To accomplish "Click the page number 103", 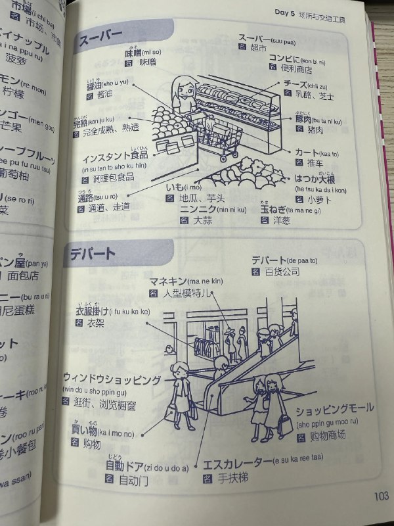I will tap(379, 496).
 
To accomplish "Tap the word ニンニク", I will tap(196, 210).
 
